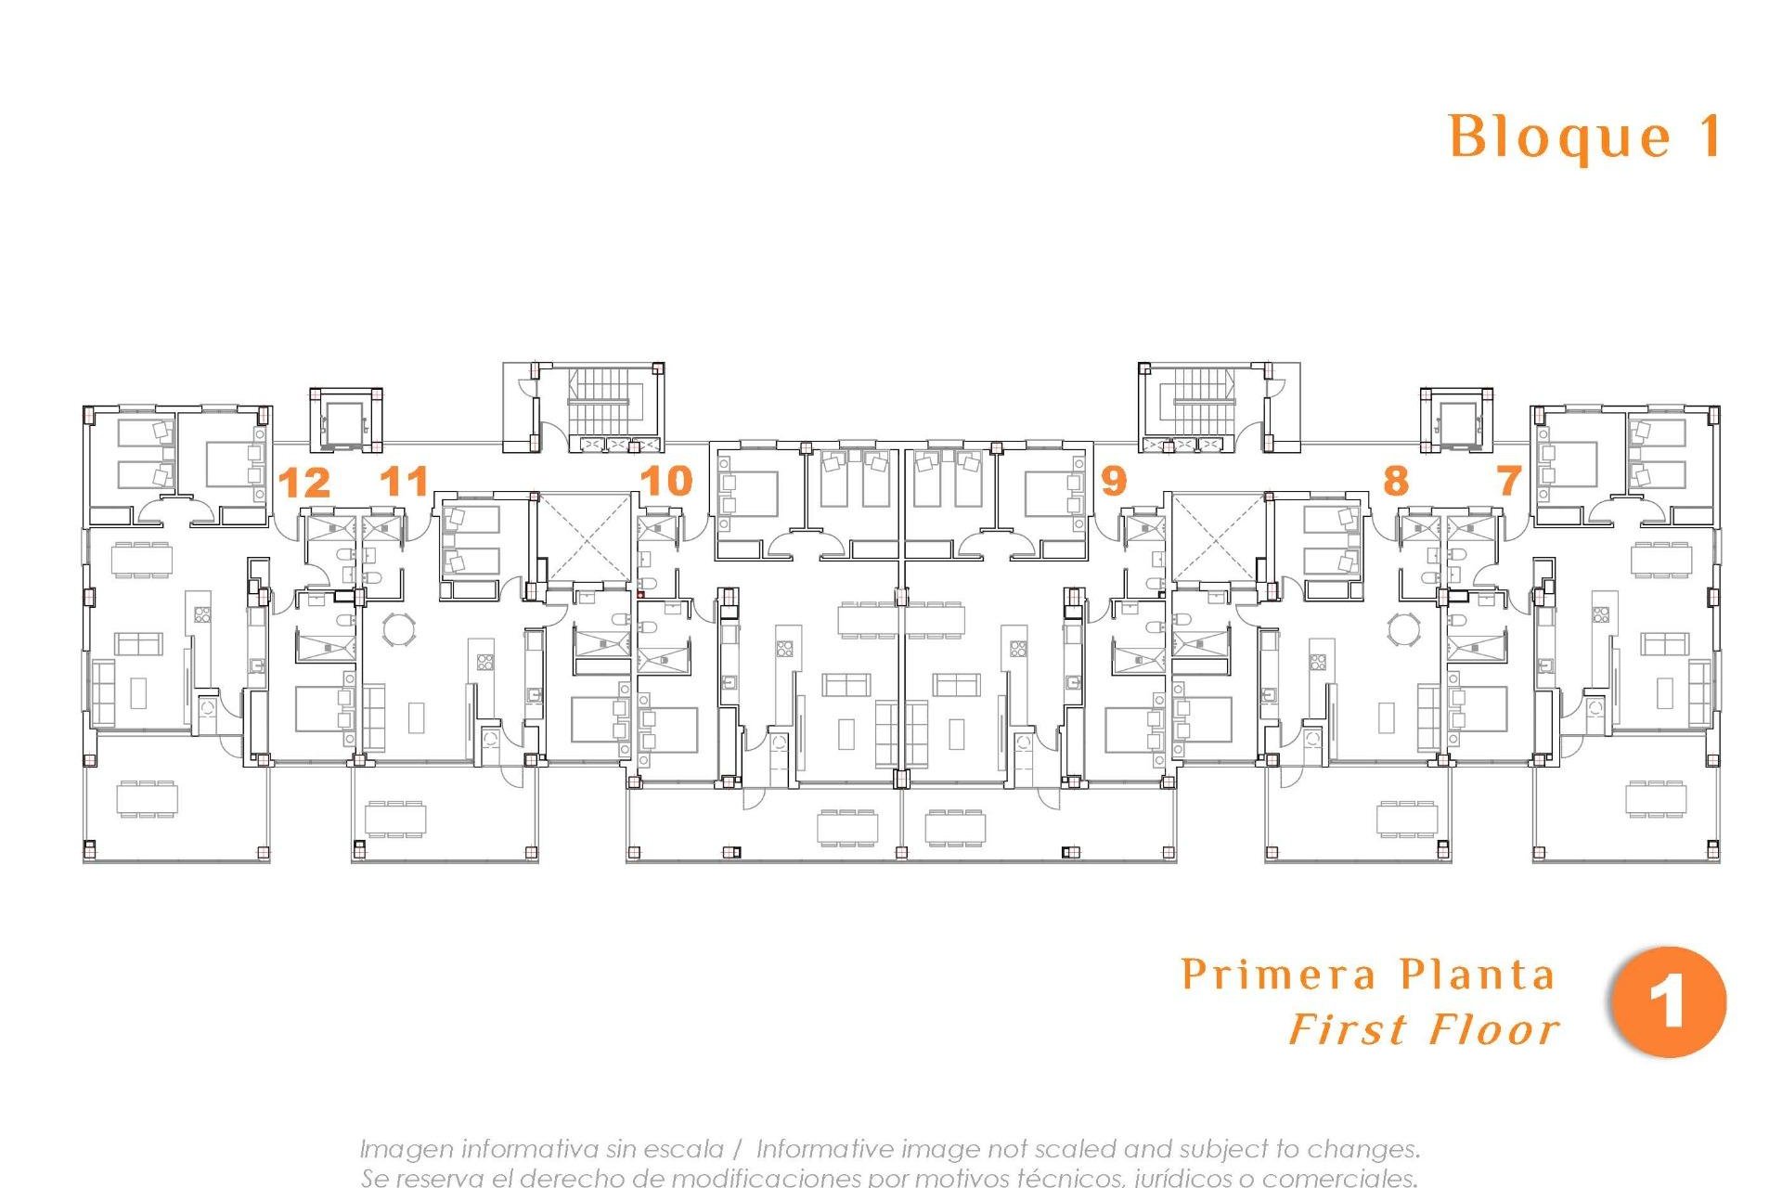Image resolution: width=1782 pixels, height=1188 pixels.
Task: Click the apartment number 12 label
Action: (304, 483)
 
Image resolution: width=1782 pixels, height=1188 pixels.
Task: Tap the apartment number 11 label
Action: (406, 481)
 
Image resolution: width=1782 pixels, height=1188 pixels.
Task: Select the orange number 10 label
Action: (666, 481)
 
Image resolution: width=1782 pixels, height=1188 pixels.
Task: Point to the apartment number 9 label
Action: (1113, 481)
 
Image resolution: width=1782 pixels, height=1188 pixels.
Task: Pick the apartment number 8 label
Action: (1395, 481)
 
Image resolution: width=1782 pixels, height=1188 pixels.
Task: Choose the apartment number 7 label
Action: (1509, 481)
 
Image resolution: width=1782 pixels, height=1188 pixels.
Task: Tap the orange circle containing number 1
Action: (1668, 1002)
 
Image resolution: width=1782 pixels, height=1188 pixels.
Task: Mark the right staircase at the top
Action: (1204, 402)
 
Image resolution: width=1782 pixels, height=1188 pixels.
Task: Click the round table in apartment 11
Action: (400, 628)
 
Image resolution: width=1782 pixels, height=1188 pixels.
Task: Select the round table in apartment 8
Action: (1402, 628)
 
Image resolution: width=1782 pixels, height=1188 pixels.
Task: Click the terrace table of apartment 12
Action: (147, 799)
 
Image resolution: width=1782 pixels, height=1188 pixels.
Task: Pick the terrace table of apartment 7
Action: (1657, 799)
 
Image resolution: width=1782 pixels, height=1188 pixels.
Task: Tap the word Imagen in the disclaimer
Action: (406, 1149)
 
